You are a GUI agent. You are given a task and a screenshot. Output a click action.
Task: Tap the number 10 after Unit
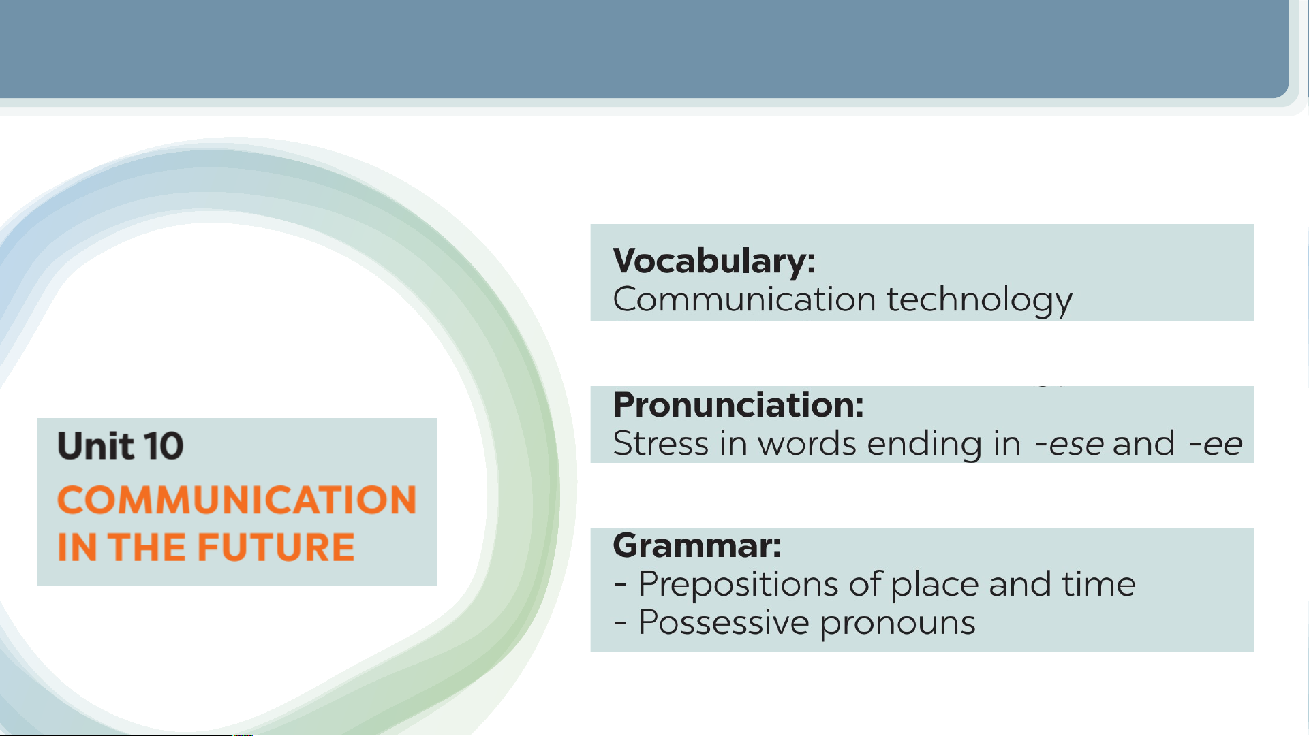tap(164, 447)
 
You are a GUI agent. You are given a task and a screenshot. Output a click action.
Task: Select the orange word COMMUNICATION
tap(236, 500)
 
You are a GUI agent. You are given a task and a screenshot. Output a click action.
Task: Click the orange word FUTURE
tap(276, 547)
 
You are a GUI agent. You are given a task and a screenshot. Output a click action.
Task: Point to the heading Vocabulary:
tap(714, 261)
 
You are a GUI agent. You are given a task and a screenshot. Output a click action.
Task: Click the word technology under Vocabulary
tap(979, 300)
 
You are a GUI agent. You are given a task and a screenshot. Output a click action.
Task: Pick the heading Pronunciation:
tap(739, 405)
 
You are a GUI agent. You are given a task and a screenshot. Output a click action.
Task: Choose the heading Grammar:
tap(697, 546)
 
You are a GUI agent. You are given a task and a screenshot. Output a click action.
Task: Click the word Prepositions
tap(738, 585)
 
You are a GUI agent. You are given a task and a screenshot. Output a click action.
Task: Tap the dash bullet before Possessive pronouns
tap(620, 623)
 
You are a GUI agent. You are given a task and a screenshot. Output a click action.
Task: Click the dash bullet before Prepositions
tap(620, 584)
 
